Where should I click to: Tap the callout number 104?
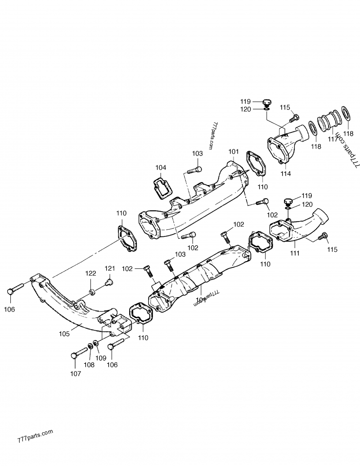(161, 168)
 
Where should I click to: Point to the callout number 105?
(64, 334)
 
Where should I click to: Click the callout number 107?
(76, 373)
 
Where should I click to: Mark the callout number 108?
(89, 365)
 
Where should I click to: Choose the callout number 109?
(100, 358)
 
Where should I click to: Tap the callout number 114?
(285, 173)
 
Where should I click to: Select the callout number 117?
(333, 139)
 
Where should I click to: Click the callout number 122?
(91, 273)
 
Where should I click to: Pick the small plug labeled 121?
(108, 282)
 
